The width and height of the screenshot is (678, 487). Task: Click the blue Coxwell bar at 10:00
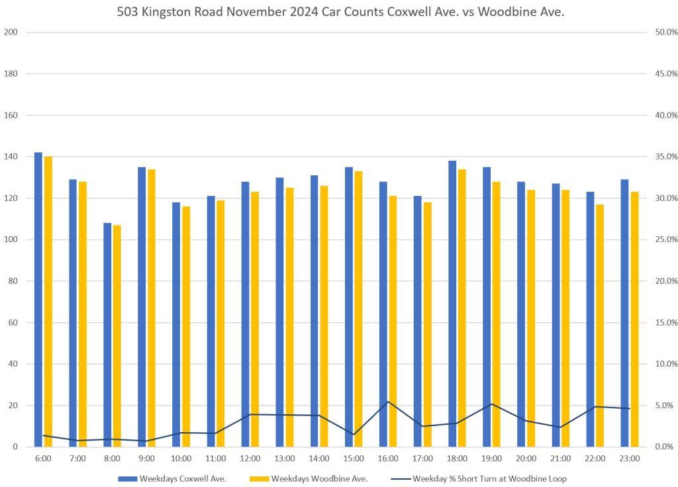[176, 324]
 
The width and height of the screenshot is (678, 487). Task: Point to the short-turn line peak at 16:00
[388, 402]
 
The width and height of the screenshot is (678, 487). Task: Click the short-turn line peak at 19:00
[491, 404]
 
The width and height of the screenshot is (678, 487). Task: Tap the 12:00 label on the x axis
[250, 458]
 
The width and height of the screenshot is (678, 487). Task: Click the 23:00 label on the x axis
[629, 458]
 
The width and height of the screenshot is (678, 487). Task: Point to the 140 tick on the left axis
[11, 157]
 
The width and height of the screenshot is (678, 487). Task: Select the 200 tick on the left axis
[11, 32]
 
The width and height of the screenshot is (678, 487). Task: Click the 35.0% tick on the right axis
[663, 157]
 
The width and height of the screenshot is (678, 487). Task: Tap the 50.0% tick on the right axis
[663, 32]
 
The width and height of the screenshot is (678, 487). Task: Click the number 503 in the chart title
[128, 13]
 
